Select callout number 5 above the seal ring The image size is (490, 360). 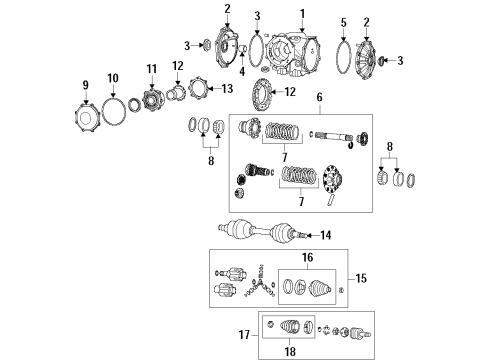pyautogui.click(x=344, y=21)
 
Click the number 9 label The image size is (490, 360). pyautogui.click(x=86, y=83)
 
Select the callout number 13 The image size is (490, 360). pyautogui.click(x=228, y=88)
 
